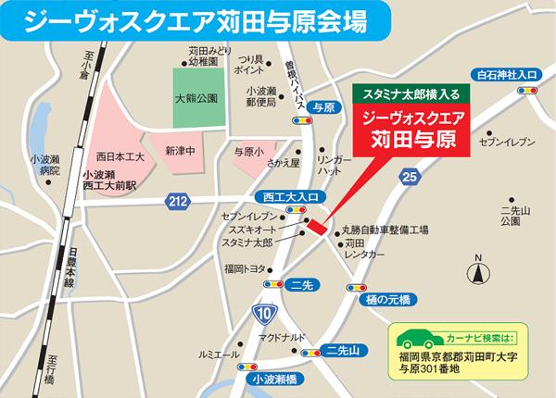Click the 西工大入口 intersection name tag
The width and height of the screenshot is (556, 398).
[x=284, y=196]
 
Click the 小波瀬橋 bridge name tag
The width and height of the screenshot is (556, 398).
[x=272, y=379]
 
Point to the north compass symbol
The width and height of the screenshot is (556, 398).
[x=478, y=271]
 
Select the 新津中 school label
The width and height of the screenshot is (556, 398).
[x=181, y=150]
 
